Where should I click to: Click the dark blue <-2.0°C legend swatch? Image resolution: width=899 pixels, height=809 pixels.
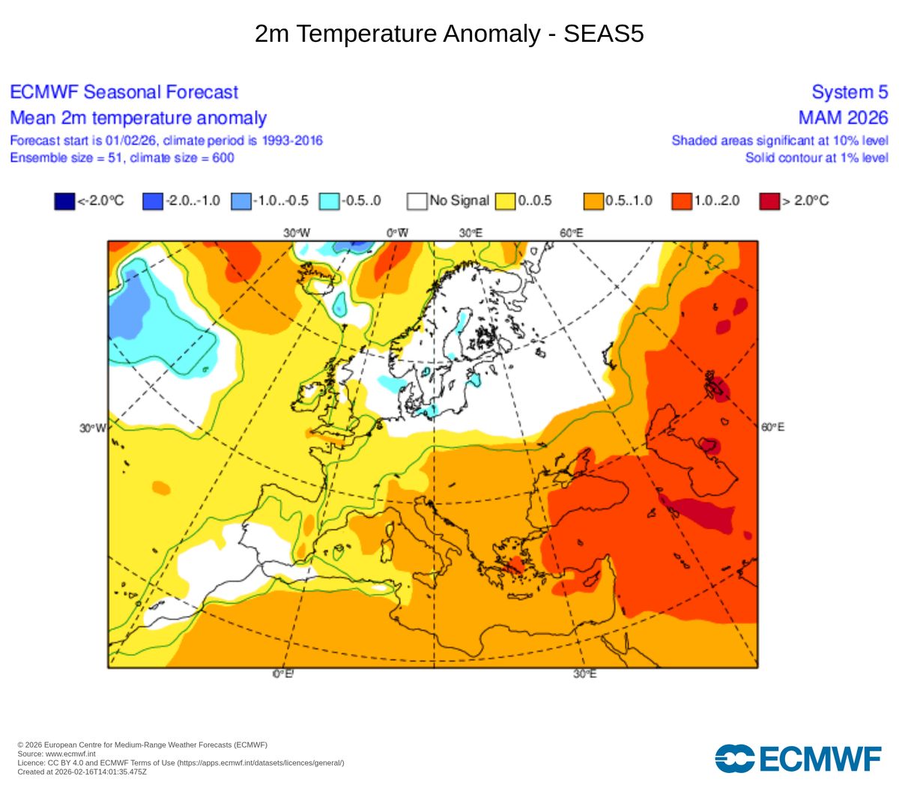[64, 201]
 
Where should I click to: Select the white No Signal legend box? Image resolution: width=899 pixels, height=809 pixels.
[417, 201]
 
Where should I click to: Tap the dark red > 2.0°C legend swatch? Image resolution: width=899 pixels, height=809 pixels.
[769, 201]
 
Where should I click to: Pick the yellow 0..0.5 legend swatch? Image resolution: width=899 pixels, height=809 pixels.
[505, 201]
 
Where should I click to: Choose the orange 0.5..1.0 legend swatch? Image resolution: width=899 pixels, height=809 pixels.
[593, 201]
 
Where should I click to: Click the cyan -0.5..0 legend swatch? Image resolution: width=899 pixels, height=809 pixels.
[329, 201]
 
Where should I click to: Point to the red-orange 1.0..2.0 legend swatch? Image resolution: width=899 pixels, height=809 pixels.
[682, 201]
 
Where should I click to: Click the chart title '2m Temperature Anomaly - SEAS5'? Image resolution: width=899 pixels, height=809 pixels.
[449, 34]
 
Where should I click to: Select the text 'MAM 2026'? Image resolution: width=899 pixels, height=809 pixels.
[843, 118]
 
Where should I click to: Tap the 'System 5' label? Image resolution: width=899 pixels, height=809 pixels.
[850, 92]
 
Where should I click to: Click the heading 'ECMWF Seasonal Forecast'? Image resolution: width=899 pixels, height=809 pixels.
[124, 92]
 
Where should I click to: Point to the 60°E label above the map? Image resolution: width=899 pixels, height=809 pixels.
[571, 233]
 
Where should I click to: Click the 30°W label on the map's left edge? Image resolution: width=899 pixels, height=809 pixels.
[93, 428]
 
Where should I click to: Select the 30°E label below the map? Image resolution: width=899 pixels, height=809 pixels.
[585, 674]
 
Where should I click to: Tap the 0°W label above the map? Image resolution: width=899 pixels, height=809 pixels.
[398, 233]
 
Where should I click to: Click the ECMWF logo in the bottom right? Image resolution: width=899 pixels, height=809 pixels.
[798, 758]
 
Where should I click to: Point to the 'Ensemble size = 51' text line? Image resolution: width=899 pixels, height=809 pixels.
[121, 157]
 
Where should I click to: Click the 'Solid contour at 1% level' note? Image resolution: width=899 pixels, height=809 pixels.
[817, 157]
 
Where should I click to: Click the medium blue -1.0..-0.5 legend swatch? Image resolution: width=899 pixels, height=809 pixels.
[240, 201]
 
